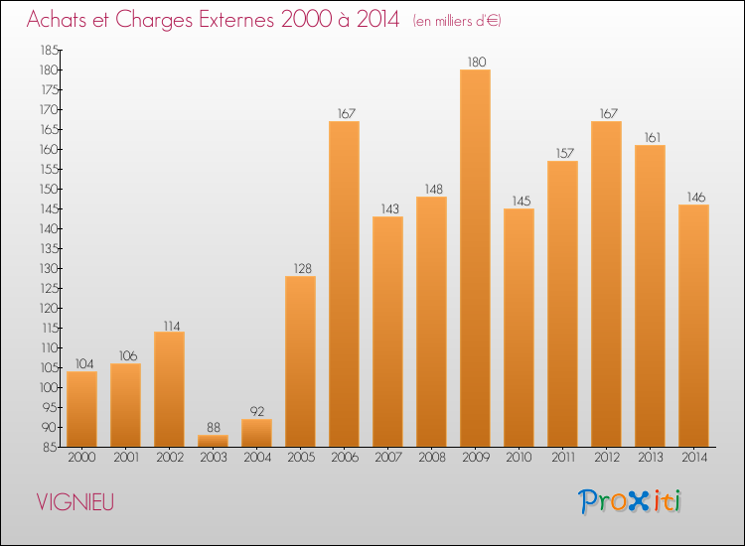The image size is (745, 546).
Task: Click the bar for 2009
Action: click(475, 258)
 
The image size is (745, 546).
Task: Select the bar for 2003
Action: click(213, 441)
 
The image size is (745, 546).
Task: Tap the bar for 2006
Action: click(344, 284)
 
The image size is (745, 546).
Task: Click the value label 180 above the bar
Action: click(475, 63)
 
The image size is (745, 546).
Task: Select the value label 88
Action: click(213, 428)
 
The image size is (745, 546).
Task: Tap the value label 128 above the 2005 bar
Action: click(300, 269)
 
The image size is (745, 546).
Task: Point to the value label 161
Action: click(650, 138)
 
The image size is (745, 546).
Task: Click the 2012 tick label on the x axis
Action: click(606, 458)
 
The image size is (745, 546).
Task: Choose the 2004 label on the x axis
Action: click(256, 458)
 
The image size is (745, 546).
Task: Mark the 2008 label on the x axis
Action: click(431, 458)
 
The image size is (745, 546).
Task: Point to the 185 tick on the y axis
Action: click(48, 50)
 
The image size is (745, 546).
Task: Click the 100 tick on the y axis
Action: click(48, 387)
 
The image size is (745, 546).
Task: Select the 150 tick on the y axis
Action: click(48, 189)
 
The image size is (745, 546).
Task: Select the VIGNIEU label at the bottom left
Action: click(74, 502)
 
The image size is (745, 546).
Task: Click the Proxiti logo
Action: click(629, 501)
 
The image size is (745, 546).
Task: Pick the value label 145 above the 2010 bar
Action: click(519, 202)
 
